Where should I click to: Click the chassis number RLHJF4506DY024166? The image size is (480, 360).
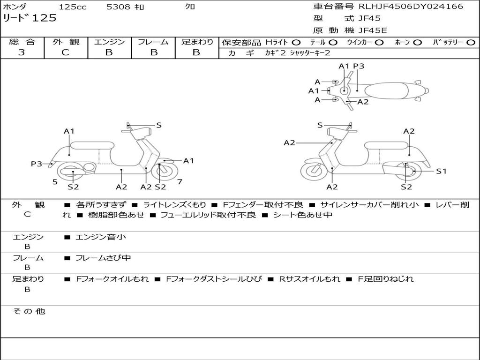pyautogui.click(x=411, y=7)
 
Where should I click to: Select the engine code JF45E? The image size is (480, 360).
pyautogui.click(x=373, y=30)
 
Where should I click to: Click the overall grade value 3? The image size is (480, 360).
pyautogui.click(x=22, y=52)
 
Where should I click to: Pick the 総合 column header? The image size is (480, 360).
pyautogui.click(x=22, y=42)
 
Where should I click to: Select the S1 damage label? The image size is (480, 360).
pyautogui.click(x=441, y=171)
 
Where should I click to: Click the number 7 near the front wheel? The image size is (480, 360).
pyautogui.click(x=180, y=181)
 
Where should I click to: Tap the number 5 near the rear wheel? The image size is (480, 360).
pyautogui.click(x=55, y=181)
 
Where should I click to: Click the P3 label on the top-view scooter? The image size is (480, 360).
pyautogui.click(x=359, y=66)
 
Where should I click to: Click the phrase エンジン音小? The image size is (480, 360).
pyautogui.click(x=101, y=237)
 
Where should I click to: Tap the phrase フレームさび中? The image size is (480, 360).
pyautogui.click(x=103, y=258)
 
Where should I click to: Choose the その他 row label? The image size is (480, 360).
pyautogui.click(x=29, y=311)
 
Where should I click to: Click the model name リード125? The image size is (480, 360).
pyautogui.click(x=30, y=18)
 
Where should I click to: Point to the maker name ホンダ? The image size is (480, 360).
pyautogui.click(x=15, y=7)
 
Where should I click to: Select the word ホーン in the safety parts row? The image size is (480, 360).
pyautogui.click(x=403, y=43)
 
